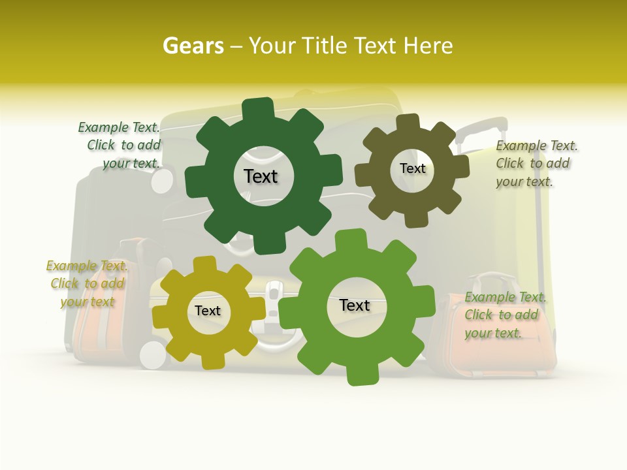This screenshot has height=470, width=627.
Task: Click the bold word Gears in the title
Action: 193,46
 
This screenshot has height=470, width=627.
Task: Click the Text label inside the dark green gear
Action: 261,176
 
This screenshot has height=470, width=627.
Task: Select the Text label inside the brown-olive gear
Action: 412,168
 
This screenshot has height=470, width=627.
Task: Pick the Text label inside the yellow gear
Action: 208,311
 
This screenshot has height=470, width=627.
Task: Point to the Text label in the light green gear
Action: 355,305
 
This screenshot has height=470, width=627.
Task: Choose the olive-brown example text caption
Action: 536,164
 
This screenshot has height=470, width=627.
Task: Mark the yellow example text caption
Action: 87,283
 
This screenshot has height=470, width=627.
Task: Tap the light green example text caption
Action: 504,315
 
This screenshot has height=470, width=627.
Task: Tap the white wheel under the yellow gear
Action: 154,354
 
